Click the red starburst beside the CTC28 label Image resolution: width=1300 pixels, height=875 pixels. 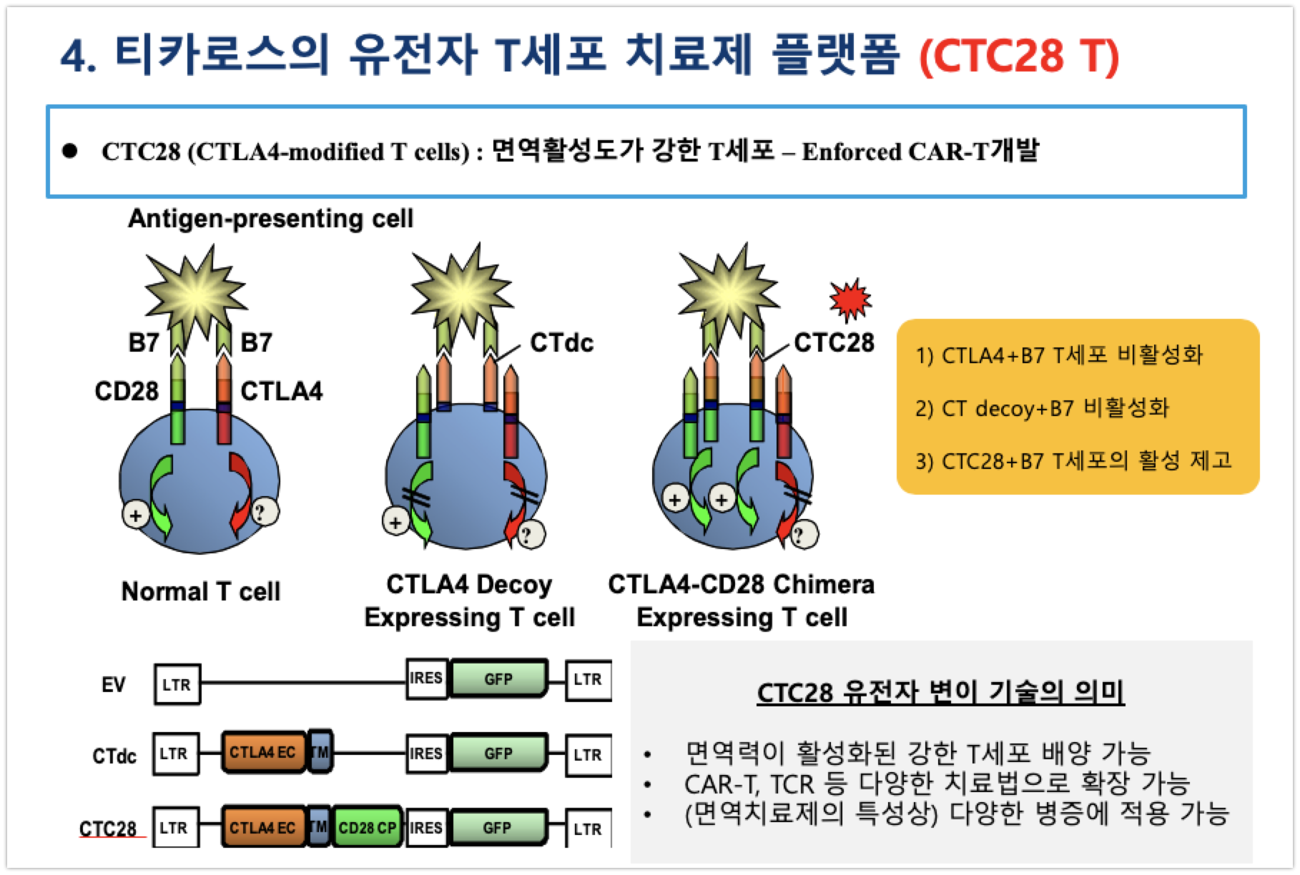(x=851, y=300)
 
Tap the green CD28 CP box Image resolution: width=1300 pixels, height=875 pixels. (x=367, y=828)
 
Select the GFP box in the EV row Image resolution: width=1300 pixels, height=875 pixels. (x=498, y=679)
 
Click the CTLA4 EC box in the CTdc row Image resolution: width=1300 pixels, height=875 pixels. (x=262, y=753)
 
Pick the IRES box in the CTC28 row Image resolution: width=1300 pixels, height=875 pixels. (x=425, y=828)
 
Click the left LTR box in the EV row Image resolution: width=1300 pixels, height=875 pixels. (x=177, y=684)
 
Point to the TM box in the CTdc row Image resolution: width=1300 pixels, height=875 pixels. (x=320, y=752)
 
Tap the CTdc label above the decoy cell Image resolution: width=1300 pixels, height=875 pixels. (x=561, y=343)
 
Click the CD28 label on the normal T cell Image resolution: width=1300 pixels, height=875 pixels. (x=127, y=391)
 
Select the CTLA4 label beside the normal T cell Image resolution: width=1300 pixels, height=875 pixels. (x=282, y=391)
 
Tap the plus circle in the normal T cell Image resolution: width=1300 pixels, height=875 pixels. (x=137, y=515)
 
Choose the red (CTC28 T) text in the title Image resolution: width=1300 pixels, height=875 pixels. (x=1019, y=55)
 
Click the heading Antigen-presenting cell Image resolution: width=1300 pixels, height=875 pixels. (x=270, y=218)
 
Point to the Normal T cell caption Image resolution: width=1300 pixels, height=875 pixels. (x=201, y=591)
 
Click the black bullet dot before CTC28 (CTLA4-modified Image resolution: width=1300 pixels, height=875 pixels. (x=70, y=151)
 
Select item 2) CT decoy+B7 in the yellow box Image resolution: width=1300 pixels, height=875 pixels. (x=1042, y=408)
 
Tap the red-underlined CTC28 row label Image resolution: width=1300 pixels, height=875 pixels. (x=108, y=829)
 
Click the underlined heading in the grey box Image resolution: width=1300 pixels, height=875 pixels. (x=940, y=692)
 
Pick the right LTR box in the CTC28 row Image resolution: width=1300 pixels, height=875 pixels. (x=587, y=829)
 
